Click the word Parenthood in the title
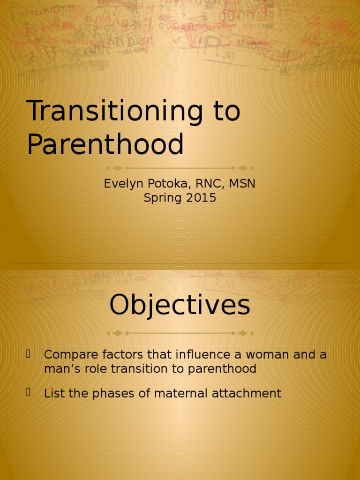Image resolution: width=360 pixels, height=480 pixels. point(105,144)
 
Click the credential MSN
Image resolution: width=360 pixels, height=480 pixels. point(242,184)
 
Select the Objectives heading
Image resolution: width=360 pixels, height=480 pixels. point(180,306)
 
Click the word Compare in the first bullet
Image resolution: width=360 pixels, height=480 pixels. point(66,355)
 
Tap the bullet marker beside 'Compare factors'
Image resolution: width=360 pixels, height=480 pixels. point(29,353)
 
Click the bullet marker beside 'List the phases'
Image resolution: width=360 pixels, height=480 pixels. point(29,392)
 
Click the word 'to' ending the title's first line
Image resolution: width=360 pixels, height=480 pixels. point(226,112)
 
